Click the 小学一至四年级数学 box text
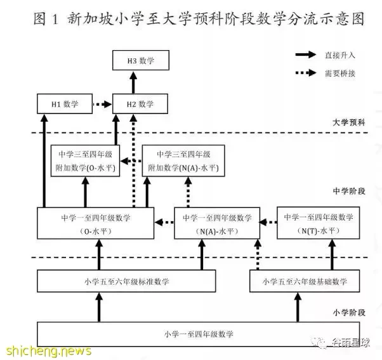(199, 334)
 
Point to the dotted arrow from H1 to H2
(102, 104)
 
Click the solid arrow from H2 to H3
(133, 82)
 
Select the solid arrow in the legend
(306, 55)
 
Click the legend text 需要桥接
(340, 74)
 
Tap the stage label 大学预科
(349, 122)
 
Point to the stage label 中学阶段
(349, 191)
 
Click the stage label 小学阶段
(349, 312)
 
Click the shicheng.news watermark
(48, 350)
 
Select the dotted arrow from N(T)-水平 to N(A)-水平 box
(268, 222)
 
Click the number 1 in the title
(55, 19)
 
